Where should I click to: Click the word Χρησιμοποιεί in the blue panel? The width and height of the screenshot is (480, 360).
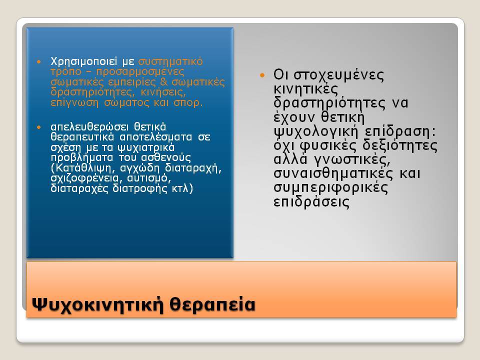coord(83,62)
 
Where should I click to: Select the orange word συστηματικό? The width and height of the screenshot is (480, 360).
coord(170,62)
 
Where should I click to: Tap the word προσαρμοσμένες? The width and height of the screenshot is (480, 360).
coord(140,72)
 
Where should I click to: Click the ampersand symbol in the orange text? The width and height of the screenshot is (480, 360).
coord(163,82)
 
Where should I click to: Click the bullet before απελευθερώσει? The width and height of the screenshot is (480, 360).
coord(38,127)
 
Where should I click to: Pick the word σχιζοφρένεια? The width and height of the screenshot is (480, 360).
coord(84,178)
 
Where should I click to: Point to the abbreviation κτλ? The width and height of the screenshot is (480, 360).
coord(180,188)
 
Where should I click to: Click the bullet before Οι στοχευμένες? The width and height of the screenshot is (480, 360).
coord(262,75)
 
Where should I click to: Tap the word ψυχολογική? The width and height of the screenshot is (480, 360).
coord(315,132)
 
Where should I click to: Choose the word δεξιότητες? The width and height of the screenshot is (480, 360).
coord(400,145)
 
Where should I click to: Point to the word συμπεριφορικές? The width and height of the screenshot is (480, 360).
coord(330,187)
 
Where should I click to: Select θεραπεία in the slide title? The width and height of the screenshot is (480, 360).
coord(212,304)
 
